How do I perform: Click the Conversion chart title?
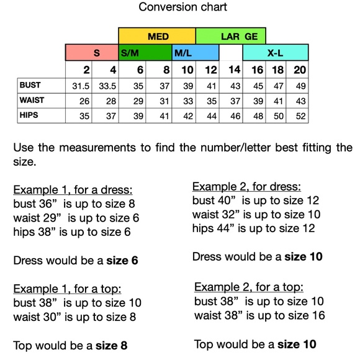pyautogui.click(x=182, y=7)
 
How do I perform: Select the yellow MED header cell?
pyautogui.click(x=157, y=37)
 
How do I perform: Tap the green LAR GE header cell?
pyautogui.click(x=238, y=37)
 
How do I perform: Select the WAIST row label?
pyautogui.click(x=32, y=100)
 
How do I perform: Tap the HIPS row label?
pyautogui.click(x=29, y=115)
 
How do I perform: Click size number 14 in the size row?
pyautogui.click(x=234, y=70)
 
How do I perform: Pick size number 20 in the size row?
pyautogui.click(x=300, y=70)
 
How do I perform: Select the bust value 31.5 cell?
pyautogui.click(x=82, y=85)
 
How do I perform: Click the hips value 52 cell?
pyautogui.click(x=300, y=116)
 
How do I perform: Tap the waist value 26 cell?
pyautogui.click(x=85, y=101)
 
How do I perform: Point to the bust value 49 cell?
pyautogui.click(x=300, y=85)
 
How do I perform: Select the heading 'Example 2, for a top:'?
pyautogui.click(x=249, y=287)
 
